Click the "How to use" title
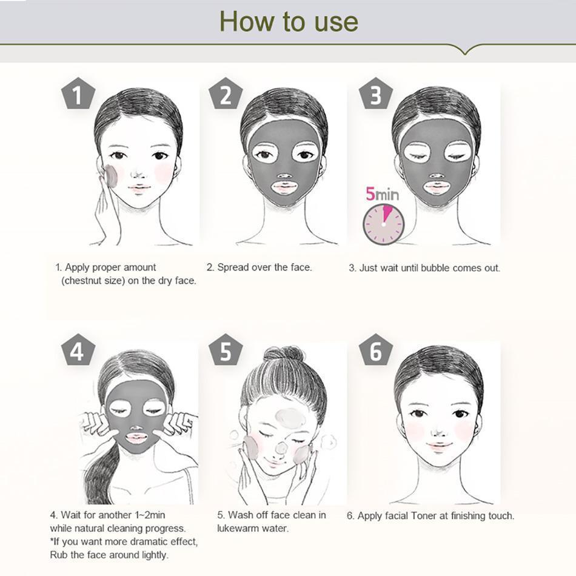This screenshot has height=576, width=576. click(x=289, y=21)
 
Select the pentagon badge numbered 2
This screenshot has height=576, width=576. click(x=226, y=95)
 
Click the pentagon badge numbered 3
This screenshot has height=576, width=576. click(x=375, y=95)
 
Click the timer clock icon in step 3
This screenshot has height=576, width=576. click(x=383, y=224)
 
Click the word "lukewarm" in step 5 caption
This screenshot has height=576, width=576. click(x=238, y=528)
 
